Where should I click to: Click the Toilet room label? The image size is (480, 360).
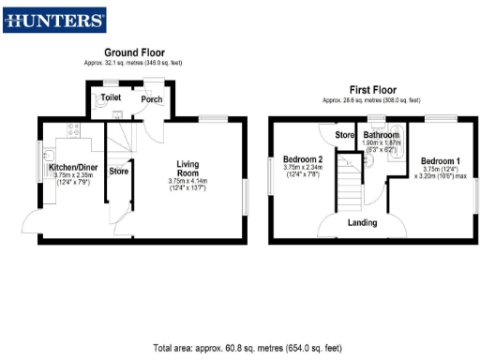coord(111,97)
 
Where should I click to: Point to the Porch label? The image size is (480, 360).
coord(151,98)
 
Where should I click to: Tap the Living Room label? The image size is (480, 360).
coord(188,169)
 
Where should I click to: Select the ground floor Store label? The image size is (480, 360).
coord(118,172)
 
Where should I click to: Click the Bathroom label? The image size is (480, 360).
coord(382,134)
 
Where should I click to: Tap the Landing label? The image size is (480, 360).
coord(362,222)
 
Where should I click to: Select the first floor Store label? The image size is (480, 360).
coord(344,135)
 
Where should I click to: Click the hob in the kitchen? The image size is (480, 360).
coord(70,130)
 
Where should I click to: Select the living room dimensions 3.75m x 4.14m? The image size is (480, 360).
coord(187,183)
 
